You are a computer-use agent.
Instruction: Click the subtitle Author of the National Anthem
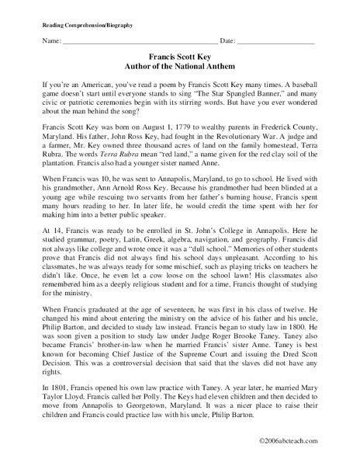pos(179,65)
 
